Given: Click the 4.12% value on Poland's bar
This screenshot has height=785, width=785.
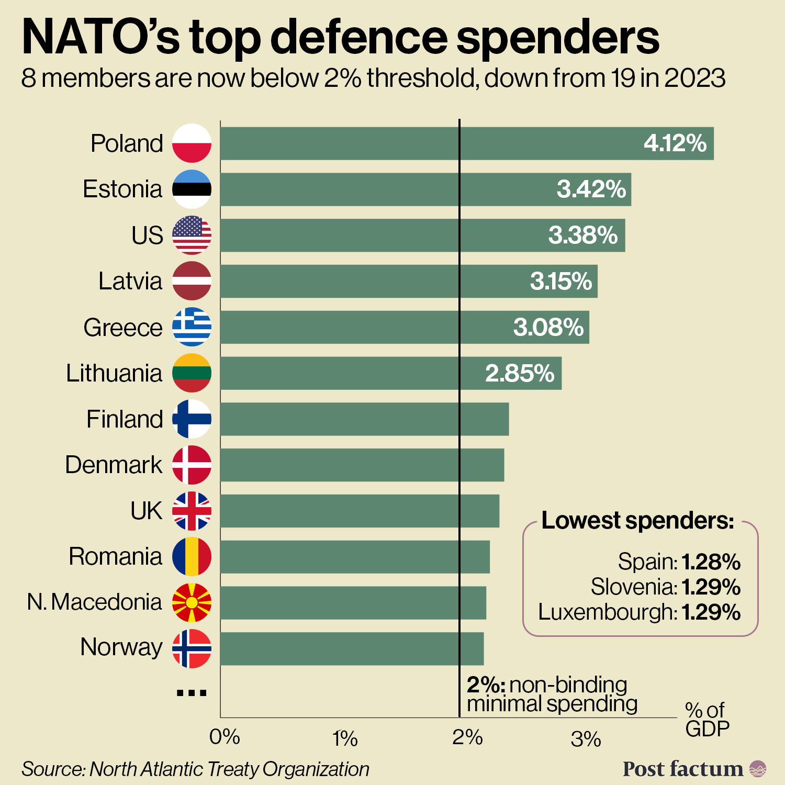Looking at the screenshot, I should pos(675,143).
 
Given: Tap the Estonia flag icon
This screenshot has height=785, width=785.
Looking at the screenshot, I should pos(192,189).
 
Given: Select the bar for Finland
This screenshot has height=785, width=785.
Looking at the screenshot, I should pos(364,419).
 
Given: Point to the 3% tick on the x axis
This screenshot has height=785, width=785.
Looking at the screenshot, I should pos(586,739).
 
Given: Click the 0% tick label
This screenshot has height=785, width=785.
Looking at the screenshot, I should pos(225,737).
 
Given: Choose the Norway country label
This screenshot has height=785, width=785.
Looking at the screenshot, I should pos(121,647).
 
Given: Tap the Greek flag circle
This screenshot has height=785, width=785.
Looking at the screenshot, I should pos(192,327).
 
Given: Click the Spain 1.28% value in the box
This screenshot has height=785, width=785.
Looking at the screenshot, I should pos(711,562).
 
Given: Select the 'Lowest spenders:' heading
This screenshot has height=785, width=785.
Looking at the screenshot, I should pos(637,520).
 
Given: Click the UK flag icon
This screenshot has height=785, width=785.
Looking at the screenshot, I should pos(192,511).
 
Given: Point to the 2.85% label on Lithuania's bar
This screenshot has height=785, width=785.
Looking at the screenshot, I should pos(519,374).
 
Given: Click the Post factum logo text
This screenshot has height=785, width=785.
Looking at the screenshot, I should pos(682,769).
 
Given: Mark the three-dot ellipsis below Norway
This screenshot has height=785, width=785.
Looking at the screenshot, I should pos(192,693).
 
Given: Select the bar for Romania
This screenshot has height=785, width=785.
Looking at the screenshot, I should pos(355,557).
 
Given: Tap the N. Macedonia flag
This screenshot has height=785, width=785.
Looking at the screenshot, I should pos(192,602).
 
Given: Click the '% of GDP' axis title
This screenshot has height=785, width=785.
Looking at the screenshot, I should pos(706,720).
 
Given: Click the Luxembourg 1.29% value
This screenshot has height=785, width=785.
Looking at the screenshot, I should pos(711,612).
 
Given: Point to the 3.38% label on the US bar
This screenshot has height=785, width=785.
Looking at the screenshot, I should pos(582,235).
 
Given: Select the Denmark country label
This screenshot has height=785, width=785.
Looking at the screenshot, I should pos(114,465).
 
